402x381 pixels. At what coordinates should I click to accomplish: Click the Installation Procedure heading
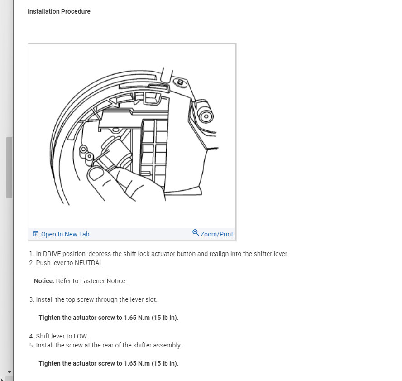pyautogui.click(x=59, y=11)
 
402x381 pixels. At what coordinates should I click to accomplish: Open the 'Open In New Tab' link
pyautogui.click(x=65, y=234)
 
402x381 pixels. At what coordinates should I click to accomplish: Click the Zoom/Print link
pyautogui.click(x=216, y=234)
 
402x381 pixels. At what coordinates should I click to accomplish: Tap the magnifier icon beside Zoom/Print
pyautogui.click(x=196, y=233)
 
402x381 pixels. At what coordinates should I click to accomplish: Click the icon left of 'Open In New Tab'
pyautogui.click(x=36, y=234)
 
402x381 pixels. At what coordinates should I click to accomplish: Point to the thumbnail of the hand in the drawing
pyautogui.click(x=96, y=174)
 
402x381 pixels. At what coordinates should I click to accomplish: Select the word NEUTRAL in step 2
pyautogui.click(x=89, y=263)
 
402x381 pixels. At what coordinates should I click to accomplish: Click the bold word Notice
pyautogui.click(x=44, y=281)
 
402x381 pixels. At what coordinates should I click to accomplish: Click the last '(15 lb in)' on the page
pyautogui.click(x=165, y=363)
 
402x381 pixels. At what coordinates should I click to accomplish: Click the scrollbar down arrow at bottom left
pyautogui.click(x=9, y=373)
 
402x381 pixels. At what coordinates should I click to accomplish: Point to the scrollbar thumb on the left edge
pyautogui.click(x=9, y=168)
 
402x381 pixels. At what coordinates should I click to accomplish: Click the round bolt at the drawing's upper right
pyautogui.click(x=206, y=116)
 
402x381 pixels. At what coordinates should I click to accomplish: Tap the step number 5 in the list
pyautogui.click(x=31, y=345)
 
